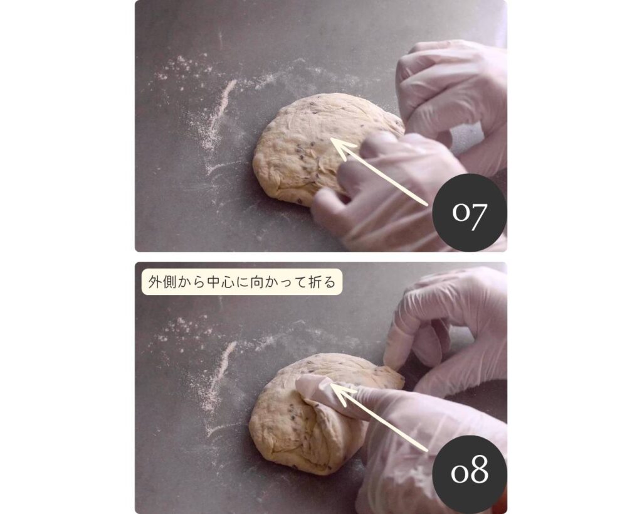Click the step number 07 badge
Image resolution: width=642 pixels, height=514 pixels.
click(469, 212)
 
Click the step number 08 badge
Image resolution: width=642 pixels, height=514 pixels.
click(469, 473)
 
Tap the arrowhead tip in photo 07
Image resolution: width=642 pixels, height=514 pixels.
click(331, 139)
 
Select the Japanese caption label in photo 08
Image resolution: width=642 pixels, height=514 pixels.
click(241, 282)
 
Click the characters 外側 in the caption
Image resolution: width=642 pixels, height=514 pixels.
click(162, 282)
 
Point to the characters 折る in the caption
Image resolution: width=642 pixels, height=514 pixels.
click(322, 282)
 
